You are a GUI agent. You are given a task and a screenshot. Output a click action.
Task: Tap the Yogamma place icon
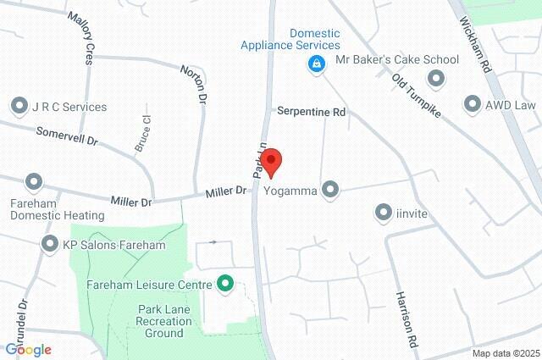pyautogui.click(x=331, y=190)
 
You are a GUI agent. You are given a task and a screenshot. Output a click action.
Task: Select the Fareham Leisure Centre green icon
pyautogui.click(x=225, y=283)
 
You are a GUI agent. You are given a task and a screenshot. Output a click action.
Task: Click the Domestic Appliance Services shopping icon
pyautogui.click(x=315, y=64)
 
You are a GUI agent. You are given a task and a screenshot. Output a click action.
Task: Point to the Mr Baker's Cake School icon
pyautogui.click(x=437, y=79)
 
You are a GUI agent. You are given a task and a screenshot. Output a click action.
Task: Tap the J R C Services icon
pyautogui.click(x=19, y=107)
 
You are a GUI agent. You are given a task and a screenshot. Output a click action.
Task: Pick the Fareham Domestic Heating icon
pyautogui.click(x=34, y=182)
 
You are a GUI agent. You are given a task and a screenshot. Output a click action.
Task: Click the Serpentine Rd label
pyautogui.click(x=312, y=111)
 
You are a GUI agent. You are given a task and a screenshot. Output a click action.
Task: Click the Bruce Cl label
pyautogui.click(x=141, y=135)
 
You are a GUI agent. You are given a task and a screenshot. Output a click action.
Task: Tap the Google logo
pyautogui.click(x=28, y=349)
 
